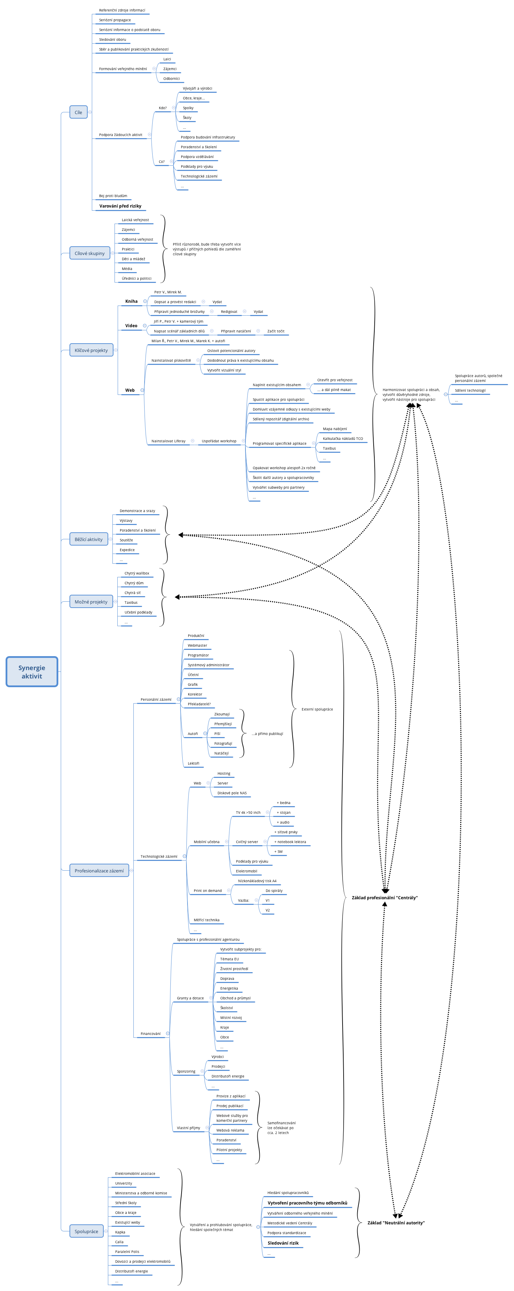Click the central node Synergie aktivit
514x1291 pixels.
(31, 671)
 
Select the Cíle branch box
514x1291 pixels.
(78, 112)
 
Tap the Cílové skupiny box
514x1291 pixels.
(90, 253)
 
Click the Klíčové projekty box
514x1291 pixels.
(91, 350)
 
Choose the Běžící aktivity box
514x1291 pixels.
(89, 539)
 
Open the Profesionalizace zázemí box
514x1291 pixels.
(99, 871)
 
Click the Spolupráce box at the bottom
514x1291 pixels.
(86, 1231)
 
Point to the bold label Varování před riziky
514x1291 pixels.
(120, 206)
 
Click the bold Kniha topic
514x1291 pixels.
(131, 301)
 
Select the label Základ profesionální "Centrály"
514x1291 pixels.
(384, 898)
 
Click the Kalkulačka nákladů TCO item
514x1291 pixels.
(343, 438)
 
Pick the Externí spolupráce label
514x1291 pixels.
(317, 709)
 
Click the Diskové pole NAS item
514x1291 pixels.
(232, 793)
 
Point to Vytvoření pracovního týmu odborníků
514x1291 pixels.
(307, 1202)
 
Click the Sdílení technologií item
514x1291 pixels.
(470, 390)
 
